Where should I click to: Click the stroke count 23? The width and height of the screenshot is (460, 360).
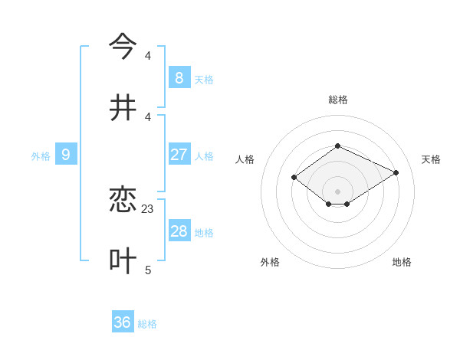pos(148,208)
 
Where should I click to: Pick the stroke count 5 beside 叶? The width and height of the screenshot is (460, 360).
pos(148,270)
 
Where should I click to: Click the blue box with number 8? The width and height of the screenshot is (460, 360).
pos(179,77)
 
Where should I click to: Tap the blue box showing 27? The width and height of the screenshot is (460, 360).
pos(179,155)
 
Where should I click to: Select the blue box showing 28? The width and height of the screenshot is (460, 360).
pos(179,231)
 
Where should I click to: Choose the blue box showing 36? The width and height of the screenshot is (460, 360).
pos(123,322)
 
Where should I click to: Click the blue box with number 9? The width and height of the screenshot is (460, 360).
pos(66,155)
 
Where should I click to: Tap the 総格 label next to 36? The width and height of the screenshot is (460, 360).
pos(147,324)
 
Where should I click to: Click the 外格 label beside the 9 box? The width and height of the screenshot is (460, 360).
pos(41,156)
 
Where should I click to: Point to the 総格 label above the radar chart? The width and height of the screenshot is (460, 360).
pos(337,100)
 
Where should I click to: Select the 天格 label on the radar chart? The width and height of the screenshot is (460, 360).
pos(431,159)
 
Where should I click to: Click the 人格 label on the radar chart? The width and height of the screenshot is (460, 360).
pos(245,159)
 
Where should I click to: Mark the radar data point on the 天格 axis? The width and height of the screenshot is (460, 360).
pos(396,172)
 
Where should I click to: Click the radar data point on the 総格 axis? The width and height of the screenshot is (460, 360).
pos(337,146)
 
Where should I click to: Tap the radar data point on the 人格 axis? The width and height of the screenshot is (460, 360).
pos(294,177)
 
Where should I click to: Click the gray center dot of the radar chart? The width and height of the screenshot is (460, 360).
pos(337,191)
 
